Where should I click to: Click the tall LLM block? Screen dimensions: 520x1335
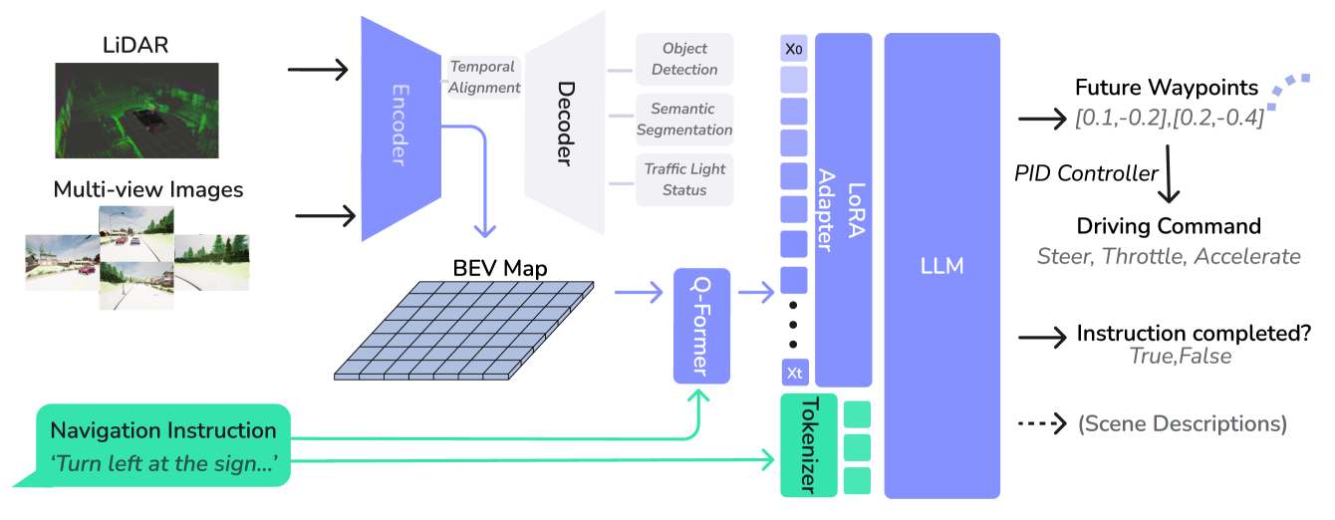click(941, 265)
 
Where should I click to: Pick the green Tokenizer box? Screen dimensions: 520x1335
click(808, 445)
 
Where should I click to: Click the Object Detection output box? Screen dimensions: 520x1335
click(684, 59)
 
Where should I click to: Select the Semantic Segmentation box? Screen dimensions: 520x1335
click(684, 119)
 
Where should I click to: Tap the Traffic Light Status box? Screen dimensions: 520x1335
click(684, 179)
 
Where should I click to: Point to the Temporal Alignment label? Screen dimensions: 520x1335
click(483, 77)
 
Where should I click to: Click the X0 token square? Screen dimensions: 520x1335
click(794, 47)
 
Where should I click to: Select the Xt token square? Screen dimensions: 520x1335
click(794, 373)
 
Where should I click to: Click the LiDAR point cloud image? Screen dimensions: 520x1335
click(135, 110)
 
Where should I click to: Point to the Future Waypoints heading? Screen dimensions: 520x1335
click(1167, 88)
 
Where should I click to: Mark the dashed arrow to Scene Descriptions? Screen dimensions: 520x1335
click(1042, 423)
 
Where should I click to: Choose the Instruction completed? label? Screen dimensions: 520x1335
click(1193, 333)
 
